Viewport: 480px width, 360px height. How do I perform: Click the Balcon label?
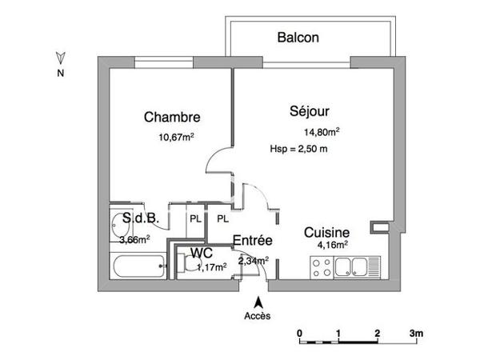coord(298,37)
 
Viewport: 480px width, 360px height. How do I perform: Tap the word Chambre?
coord(171,117)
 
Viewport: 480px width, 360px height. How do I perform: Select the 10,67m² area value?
coord(176,137)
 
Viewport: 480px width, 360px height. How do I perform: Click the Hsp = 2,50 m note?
coord(300,150)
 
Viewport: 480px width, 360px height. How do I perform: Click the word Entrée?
coord(253,241)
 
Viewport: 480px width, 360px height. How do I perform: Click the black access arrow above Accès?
coord(257,302)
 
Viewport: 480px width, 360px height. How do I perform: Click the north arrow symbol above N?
coord(60,58)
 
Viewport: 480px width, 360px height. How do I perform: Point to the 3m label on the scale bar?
coord(416,332)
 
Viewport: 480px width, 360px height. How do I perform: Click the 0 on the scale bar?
coord(299,332)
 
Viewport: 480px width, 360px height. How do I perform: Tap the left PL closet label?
coord(195,218)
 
